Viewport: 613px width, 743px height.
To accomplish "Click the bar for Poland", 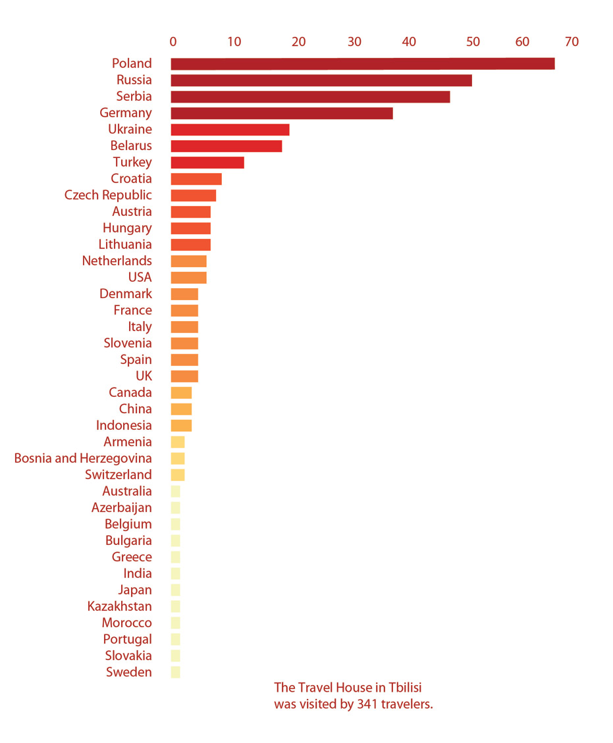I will [362, 64].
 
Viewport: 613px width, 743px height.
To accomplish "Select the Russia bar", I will [321, 80].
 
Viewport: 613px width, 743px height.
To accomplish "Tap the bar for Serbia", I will [310, 97].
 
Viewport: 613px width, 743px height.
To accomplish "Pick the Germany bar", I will [282, 113].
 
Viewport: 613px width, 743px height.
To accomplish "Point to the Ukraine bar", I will [230, 130].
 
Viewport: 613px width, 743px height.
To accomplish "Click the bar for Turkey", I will [207, 163].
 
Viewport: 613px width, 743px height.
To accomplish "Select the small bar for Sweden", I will [175, 672].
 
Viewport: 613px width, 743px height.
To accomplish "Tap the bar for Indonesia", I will [181, 425].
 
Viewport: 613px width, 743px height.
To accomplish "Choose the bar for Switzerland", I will [178, 474].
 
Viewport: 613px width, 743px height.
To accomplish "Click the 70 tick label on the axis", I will [572, 42].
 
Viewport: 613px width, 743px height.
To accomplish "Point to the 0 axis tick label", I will [173, 42].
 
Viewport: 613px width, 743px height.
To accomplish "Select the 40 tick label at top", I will [409, 42].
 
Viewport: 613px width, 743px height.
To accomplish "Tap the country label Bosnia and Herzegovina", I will [83, 458].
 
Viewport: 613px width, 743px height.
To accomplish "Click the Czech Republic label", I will [108, 195].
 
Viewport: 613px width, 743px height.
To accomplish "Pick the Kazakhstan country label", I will [119, 606].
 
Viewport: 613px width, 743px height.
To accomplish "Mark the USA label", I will [140, 277].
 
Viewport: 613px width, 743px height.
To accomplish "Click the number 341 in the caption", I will [367, 704].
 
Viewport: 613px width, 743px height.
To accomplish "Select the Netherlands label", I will [117, 261].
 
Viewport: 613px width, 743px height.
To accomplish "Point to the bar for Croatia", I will [196, 179].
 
